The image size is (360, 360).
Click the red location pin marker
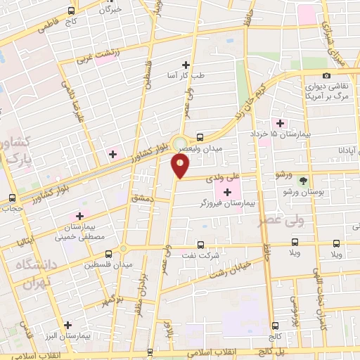coord(180,166)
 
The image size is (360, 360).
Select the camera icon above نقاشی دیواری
coord(326,76)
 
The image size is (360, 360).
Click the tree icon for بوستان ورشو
coord(304,181)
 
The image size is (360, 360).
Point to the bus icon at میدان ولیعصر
coord(200,138)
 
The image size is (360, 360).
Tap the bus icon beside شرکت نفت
coord(200,245)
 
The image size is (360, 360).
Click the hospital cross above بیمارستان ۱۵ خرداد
coord(281,123)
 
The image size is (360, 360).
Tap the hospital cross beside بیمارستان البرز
coord(67,325)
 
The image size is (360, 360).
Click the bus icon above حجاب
coord(11,198)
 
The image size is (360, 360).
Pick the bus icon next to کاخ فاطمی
coord(71,11)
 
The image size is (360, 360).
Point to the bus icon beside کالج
coord(274,325)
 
